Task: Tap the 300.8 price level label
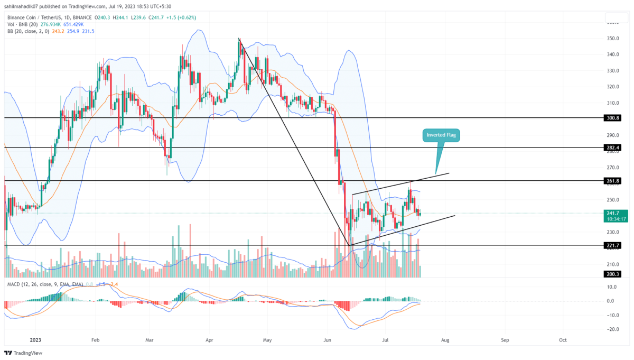612,118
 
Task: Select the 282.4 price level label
612,147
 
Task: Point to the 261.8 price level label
612,181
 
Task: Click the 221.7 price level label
612,245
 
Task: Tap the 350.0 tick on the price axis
612,39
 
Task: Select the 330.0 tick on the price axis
612,71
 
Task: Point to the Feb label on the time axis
96,340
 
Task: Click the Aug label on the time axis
445,340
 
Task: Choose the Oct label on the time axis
563,340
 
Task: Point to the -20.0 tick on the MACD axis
612,329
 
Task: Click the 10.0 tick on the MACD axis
612,287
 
